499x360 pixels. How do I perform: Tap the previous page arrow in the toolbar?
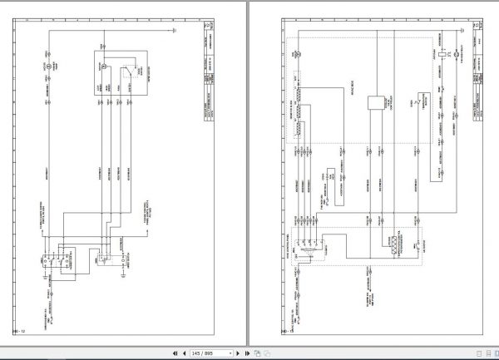[182, 353]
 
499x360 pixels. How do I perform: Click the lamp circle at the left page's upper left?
[48, 64]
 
